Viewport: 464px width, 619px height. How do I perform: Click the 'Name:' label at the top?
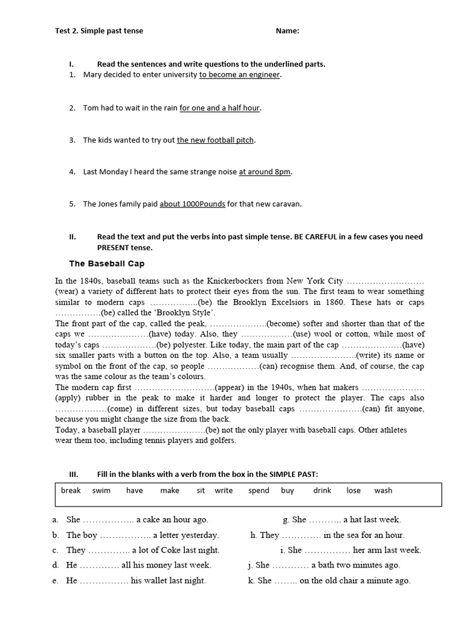[287, 31]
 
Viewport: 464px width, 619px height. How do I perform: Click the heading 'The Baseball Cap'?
[106, 264]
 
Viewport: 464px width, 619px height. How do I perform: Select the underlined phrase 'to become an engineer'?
[240, 75]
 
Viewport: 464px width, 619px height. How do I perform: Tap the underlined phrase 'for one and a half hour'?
[220, 108]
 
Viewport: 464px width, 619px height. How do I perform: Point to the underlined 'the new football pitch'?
[215, 140]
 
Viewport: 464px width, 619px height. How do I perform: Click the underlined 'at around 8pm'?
[265, 172]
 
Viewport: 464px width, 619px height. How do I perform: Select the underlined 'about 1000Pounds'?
[192, 204]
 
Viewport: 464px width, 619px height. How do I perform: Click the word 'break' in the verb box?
[71, 490]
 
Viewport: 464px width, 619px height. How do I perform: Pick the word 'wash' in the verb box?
[383, 490]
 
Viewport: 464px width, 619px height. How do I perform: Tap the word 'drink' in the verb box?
[322, 490]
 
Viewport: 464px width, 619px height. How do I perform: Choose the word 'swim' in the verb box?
[101, 490]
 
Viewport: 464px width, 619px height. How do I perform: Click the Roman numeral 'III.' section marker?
[74, 474]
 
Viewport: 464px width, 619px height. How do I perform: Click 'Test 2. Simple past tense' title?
[99, 31]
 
